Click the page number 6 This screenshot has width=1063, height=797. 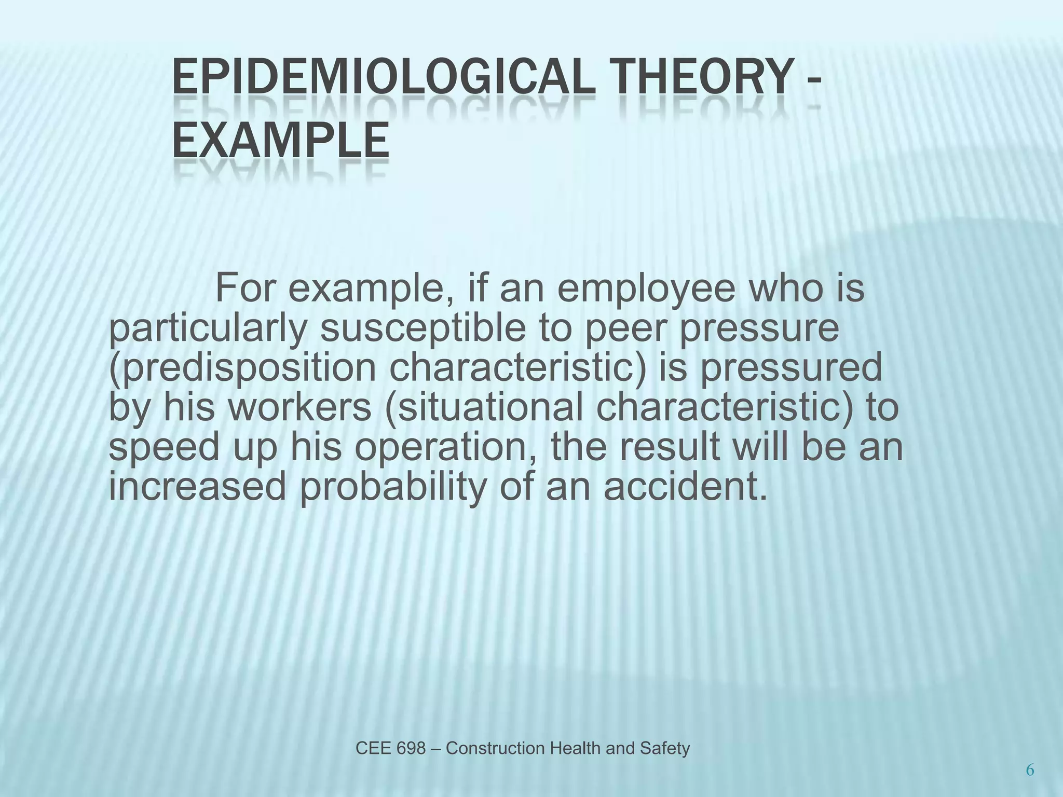pos(1030,771)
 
